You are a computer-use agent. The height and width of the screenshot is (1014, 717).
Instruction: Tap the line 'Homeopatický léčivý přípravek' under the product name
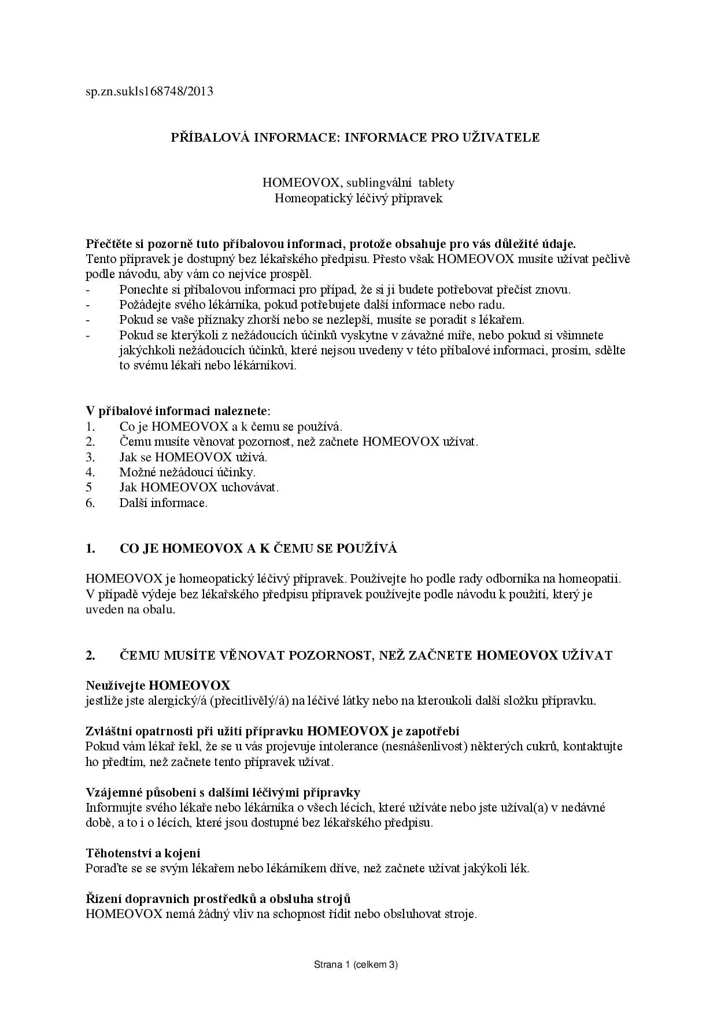click(x=358, y=198)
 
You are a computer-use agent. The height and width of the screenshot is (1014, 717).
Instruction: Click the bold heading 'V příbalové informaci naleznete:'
click(x=178, y=411)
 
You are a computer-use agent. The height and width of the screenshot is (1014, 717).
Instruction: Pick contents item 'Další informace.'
click(x=163, y=502)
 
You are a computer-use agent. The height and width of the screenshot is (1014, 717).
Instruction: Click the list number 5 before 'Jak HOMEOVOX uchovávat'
click(x=88, y=487)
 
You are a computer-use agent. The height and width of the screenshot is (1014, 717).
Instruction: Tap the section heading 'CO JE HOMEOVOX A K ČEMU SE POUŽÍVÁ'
click(x=258, y=549)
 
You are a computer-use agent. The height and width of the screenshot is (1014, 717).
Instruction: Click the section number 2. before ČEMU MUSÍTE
click(x=90, y=655)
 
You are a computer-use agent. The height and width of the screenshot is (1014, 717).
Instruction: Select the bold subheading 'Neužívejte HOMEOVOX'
click(x=158, y=686)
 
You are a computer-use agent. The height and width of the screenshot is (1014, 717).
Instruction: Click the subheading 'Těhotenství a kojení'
click(x=143, y=853)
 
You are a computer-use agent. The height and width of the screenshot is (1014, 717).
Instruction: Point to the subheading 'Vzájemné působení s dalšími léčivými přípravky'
click(x=223, y=792)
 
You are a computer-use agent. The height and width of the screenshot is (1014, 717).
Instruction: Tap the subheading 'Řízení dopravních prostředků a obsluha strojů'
click(x=218, y=899)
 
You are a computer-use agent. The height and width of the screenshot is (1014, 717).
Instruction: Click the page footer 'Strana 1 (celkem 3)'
click(x=356, y=964)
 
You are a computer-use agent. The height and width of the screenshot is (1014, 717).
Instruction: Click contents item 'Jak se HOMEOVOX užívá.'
click(x=193, y=457)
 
